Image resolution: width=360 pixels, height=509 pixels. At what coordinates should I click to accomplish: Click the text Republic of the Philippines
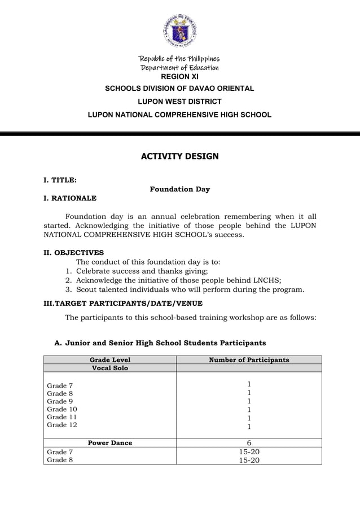tap(179, 59)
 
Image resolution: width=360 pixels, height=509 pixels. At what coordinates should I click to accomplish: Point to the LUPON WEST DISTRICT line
tap(179, 102)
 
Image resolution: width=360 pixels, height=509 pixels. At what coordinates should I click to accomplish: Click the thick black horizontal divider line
tap(179, 134)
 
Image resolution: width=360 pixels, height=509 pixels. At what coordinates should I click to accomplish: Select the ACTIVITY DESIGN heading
tap(179, 156)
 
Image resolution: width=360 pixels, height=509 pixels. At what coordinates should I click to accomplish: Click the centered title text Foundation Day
tap(179, 189)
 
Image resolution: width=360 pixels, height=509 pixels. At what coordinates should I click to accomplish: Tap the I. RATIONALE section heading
tap(70, 198)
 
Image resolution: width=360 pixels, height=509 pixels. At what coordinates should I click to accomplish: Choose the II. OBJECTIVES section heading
tap(74, 253)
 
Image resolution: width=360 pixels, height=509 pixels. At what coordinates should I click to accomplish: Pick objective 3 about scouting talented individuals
tap(190, 289)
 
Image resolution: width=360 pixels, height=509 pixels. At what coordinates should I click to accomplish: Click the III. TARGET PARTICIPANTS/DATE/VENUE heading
tap(123, 304)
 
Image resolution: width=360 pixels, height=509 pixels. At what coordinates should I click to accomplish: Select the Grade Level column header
tap(110, 359)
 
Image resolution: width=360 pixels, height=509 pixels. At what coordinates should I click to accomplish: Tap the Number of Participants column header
tap(249, 359)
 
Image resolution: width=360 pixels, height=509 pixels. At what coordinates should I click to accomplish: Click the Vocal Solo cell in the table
tap(110, 368)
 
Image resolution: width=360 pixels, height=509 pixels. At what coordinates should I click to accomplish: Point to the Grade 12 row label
tap(62, 425)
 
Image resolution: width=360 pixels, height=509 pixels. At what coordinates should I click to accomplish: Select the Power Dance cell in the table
tap(110, 443)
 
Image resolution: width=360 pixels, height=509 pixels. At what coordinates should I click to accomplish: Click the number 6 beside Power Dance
tap(249, 443)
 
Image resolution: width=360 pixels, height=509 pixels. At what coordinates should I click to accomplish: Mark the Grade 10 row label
tap(62, 409)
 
